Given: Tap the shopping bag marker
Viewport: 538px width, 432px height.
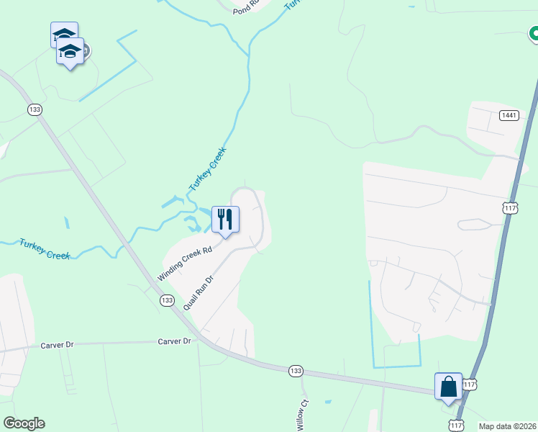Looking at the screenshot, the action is [448, 386].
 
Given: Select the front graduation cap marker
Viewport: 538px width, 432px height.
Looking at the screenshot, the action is [70, 52].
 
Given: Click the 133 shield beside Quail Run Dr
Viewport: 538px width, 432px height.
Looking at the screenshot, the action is [167, 300].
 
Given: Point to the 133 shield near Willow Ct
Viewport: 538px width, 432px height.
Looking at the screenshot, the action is [295, 370].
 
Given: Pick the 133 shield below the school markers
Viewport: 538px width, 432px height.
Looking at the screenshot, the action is [35, 109].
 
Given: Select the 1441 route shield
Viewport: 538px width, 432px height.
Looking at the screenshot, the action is [509, 115].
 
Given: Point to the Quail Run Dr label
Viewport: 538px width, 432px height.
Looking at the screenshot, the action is [199, 292].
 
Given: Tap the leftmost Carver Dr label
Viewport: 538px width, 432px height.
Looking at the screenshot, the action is [58, 345].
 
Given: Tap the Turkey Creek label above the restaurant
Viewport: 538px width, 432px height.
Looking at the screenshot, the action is [208, 169].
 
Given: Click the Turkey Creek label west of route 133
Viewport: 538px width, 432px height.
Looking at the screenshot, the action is [45, 249].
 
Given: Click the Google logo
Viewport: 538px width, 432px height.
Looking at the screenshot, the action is [24, 423].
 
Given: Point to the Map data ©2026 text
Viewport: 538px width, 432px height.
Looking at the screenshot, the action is [507, 426].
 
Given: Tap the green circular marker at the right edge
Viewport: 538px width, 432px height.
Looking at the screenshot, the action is [534, 33].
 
